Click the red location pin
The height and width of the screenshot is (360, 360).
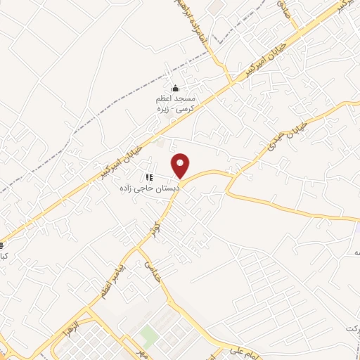pyautogui.click(x=181, y=165)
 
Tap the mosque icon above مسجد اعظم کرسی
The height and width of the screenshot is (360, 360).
pyautogui.click(x=176, y=89)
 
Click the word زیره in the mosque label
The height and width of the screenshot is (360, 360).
pyautogui.click(x=189, y=111)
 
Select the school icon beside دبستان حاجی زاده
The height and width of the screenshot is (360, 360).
pyautogui.click(x=148, y=177)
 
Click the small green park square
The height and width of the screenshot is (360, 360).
pyautogui.click(x=148, y=335)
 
